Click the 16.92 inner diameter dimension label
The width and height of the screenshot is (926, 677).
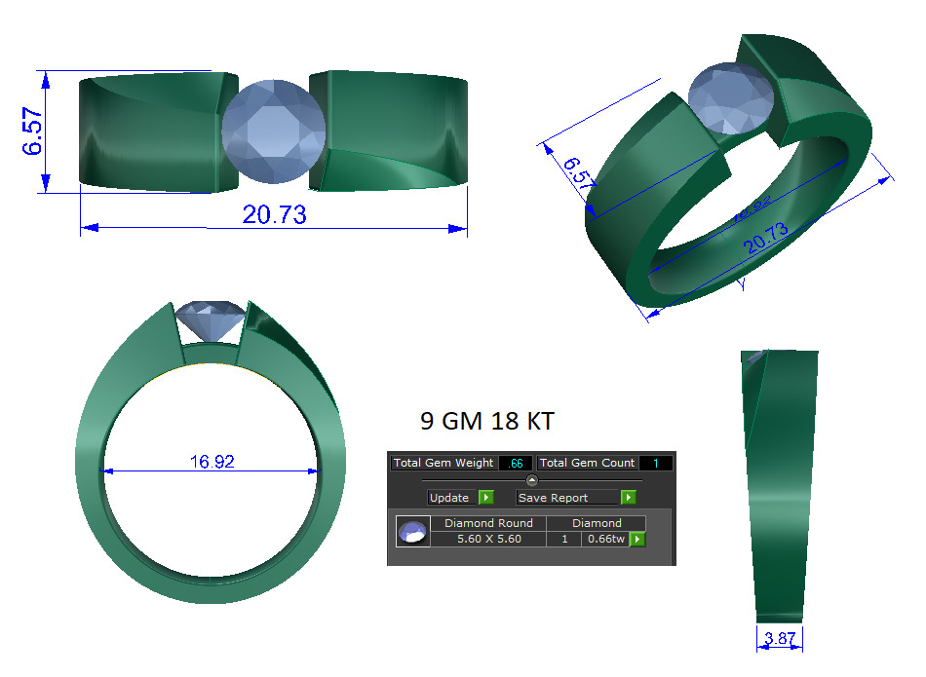click(x=212, y=462)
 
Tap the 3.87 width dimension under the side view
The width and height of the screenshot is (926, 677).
click(x=779, y=639)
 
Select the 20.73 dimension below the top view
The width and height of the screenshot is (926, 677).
click(x=274, y=215)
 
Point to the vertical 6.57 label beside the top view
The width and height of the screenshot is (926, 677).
click(x=33, y=132)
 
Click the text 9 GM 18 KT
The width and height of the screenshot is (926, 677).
click(x=486, y=422)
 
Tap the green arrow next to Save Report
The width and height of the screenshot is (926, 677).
click(x=629, y=498)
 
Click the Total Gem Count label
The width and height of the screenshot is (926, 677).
click(x=586, y=463)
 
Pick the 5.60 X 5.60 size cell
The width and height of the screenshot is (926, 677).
click(x=488, y=539)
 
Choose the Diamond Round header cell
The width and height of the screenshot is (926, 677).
click(x=488, y=523)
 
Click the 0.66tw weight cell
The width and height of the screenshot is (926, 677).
click(x=604, y=539)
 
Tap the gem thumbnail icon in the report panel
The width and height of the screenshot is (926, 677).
click(x=412, y=532)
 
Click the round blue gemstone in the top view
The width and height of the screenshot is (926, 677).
click(x=273, y=132)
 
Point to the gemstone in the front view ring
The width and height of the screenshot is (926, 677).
click(x=212, y=321)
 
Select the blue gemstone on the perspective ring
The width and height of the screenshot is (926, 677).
click(x=732, y=97)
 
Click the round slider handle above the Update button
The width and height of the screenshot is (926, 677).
click(x=531, y=480)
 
